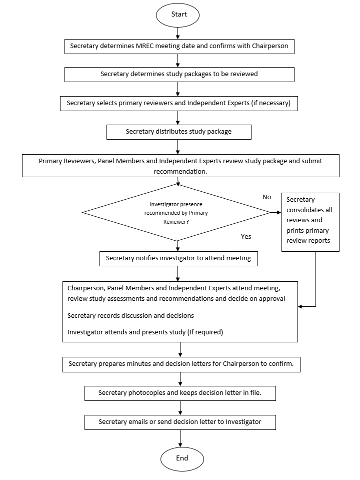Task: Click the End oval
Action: point(182,458)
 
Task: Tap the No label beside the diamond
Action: point(266,197)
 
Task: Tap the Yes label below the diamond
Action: point(246,236)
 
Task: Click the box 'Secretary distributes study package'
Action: point(178,132)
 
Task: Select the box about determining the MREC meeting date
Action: point(179,46)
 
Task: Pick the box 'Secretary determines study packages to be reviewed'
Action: point(179,74)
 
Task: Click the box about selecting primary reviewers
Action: point(179,103)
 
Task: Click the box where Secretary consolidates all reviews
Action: point(310,221)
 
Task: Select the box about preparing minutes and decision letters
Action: point(181,364)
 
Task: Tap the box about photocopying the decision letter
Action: point(180,393)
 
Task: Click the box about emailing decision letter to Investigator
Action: point(180,422)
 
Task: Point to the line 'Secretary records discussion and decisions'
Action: point(130,316)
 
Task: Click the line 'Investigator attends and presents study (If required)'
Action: point(145,332)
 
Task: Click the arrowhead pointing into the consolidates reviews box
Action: point(278,213)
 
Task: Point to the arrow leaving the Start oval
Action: point(178,33)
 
